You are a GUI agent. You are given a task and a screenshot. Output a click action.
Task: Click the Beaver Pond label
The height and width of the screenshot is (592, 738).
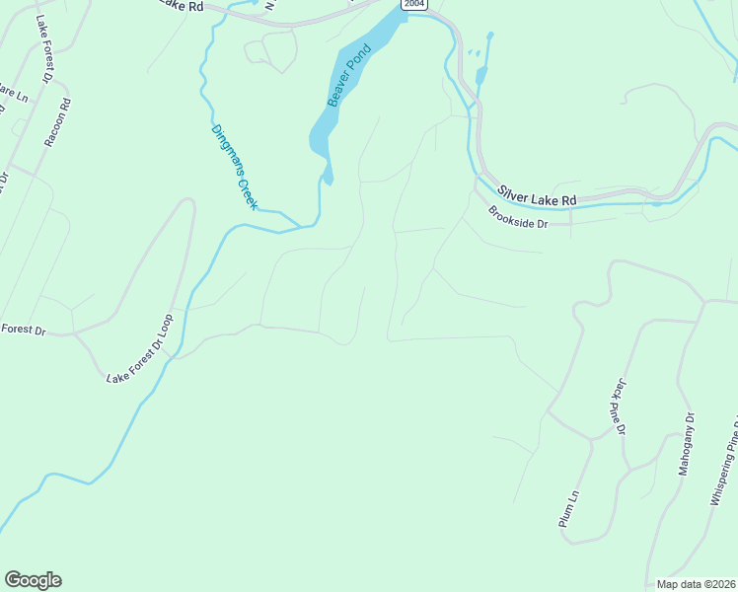(x=347, y=77)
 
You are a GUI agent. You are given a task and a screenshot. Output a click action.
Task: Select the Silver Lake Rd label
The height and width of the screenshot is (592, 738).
(x=537, y=194)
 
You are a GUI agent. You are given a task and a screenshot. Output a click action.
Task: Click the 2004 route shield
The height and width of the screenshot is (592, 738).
(x=415, y=4)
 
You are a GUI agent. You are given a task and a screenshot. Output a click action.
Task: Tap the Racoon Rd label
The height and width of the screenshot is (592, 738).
(x=58, y=122)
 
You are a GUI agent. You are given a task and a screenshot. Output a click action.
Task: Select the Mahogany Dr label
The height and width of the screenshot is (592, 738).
(x=688, y=444)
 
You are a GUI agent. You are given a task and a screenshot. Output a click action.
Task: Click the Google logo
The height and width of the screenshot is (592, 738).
(x=33, y=580)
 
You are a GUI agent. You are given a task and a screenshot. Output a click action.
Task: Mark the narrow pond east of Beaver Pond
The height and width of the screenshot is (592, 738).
(x=480, y=75)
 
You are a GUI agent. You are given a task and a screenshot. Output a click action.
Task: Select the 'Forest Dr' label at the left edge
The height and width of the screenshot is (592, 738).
(x=24, y=331)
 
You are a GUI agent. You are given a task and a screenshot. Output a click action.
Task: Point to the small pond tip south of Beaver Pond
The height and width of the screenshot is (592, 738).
(x=328, y=178)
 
